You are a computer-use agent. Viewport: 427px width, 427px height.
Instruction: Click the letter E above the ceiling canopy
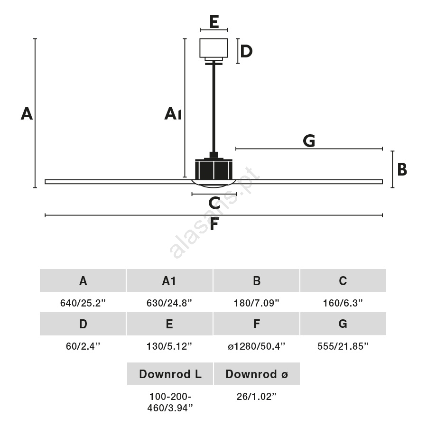[x=214, y=22]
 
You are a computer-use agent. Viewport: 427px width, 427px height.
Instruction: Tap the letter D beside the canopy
[x=246, y=51]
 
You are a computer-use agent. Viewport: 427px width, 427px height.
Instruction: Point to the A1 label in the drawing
[x=173, y=113]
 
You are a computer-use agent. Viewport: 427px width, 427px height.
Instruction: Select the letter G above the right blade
[x=309, y=141]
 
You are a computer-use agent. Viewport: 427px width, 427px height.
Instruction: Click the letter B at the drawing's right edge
[x=402, y=169]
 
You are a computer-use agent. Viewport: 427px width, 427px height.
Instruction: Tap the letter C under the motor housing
[x=214, y=203]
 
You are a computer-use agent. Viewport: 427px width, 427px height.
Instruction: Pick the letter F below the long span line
[x=214, y=224]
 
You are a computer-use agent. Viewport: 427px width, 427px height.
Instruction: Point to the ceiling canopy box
[x=214, y=48]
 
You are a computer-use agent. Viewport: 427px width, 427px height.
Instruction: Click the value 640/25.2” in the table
[x=83, y=303]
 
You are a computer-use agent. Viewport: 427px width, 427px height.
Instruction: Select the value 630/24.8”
[x=169, y=303]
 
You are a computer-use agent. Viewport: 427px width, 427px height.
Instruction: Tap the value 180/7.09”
[x=257, y=303]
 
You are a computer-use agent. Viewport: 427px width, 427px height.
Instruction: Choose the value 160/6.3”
[x=343, y=303]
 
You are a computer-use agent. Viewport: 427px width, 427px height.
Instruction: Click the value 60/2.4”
[x=83, y=346]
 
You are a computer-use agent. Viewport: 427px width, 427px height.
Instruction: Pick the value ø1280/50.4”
[x=257, y=346]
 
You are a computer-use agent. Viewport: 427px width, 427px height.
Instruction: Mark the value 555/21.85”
[x=343, y=346]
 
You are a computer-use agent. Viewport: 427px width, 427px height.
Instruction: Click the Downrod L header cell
[x=170, y=374]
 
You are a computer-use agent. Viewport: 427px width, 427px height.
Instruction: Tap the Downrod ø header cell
[x=257, y=374]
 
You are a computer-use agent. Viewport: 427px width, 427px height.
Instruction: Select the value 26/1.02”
[x=257, y=397]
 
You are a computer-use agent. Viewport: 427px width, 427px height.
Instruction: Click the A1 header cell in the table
[x=169, y=280]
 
